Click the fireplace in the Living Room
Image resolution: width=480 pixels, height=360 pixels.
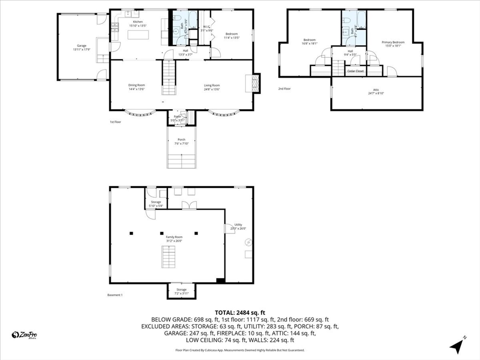tap(254, 83)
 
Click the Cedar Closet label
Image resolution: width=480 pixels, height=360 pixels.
tap(355, 71)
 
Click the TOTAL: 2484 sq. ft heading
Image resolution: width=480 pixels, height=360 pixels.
tap(240, 312)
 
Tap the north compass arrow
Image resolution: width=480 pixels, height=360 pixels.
tap(457, 345)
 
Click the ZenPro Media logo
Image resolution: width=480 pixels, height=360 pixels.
tap(24, 335)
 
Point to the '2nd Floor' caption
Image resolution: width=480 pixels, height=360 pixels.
tap(284, 88)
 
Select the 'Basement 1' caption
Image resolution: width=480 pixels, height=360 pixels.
tap(115, 295)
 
